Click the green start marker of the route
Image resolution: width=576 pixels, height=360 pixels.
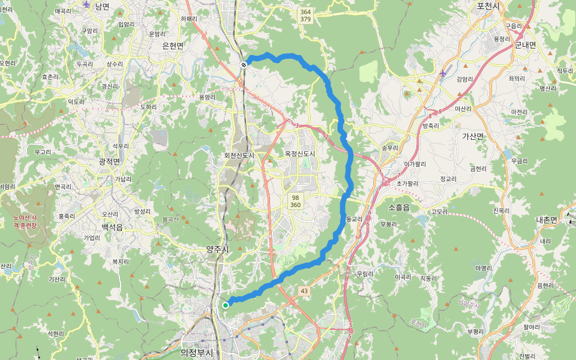[x=226, y=305]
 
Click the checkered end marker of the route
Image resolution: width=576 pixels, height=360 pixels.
[x=244, y=64]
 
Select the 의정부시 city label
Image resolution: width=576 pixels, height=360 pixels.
[x=196, y=353]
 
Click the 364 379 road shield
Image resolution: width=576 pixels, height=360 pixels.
[x=305, y=16]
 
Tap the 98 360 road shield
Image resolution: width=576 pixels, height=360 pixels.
[x=295, y=201]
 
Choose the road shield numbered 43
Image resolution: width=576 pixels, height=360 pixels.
[x=304, y=291]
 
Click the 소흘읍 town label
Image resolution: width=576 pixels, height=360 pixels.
[x=399, y=207]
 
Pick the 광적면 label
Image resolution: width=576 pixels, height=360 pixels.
[x=109, y=161]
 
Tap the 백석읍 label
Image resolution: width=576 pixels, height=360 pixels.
[x=112, y=227]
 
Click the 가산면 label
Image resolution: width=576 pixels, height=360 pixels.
[x=473, y=136]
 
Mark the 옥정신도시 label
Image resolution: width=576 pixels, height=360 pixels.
[x=299, y=154]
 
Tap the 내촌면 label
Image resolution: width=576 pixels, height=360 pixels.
[x=547, y=220]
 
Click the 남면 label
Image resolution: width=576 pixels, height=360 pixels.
[x=102, y=6]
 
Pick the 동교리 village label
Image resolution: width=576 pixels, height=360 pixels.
[x=354, y=219]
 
